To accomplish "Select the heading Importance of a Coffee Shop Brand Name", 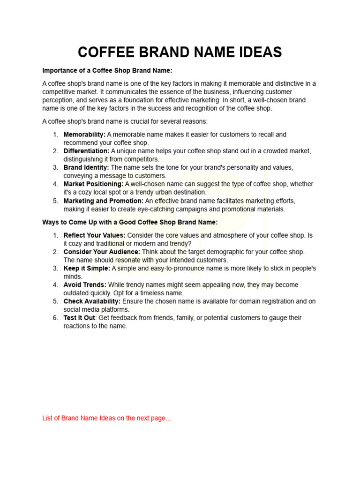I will click(x=107, y=70).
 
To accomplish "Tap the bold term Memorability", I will click(x=84, y=135).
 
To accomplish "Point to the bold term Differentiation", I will click(x=86, y=151).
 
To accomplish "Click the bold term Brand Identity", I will click(x=86, y=167).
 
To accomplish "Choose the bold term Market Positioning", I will click(x=93, y=184).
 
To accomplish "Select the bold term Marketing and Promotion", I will click(x=104, y=201).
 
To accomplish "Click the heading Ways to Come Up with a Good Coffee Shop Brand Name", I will click(x=130, y=222).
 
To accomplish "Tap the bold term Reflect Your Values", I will click(x=94, y=235).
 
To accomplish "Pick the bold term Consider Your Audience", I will click(x=102, y=252).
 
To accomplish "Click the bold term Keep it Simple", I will click(x=87, y=268).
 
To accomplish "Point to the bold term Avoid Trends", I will click(x=85, y=285).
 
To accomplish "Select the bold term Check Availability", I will click(x=92, y=301).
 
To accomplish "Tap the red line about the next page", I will click(x=107, y=418).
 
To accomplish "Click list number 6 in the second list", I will click(x=55, y=318).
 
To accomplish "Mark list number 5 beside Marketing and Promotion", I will click(x=55, y=201).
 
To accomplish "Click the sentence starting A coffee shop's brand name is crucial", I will click(x=125, y=121).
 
